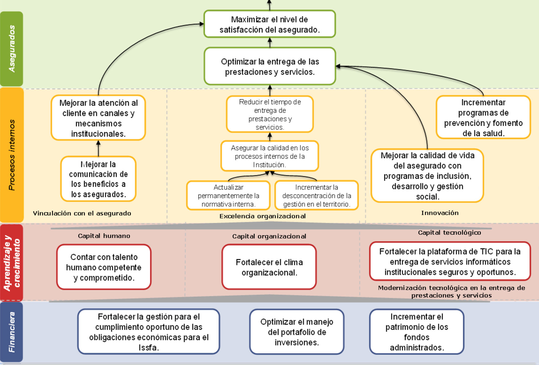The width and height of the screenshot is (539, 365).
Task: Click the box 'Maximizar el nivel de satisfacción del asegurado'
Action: point(269,24)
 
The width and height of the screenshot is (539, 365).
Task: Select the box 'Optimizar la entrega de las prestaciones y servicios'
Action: point(269,66)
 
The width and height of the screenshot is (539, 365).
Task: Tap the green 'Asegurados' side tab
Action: point(12,49)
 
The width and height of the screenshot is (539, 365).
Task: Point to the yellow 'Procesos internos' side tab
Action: point(12,155)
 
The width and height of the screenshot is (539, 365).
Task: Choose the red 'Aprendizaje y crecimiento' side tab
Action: point(12,263)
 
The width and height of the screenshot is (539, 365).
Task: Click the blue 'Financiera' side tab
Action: point(12,332)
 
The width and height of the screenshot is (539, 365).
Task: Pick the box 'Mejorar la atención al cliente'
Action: point(98,118)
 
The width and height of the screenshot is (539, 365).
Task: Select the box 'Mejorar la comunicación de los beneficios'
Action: point(98,179)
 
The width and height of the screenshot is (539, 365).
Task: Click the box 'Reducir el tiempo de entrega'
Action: point(269,114)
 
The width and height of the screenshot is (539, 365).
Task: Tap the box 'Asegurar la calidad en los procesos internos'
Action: point(269,156)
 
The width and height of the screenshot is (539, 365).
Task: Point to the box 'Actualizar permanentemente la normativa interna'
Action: point(228,195)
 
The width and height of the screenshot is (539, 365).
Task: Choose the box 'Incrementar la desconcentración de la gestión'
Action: point(316,195)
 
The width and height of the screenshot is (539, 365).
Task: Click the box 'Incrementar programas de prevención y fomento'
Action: point(483,117)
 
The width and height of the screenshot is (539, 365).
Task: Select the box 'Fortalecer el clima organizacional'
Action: point(269,267)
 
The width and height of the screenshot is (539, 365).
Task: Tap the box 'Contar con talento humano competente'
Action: point(104,267)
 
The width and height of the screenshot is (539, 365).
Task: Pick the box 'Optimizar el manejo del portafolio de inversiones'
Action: point(297,332)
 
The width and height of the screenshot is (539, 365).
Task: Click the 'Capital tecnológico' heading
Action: point(449,232)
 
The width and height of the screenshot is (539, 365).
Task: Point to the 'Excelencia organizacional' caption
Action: point(262,216)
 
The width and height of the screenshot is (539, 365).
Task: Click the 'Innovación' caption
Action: point(440,213)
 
